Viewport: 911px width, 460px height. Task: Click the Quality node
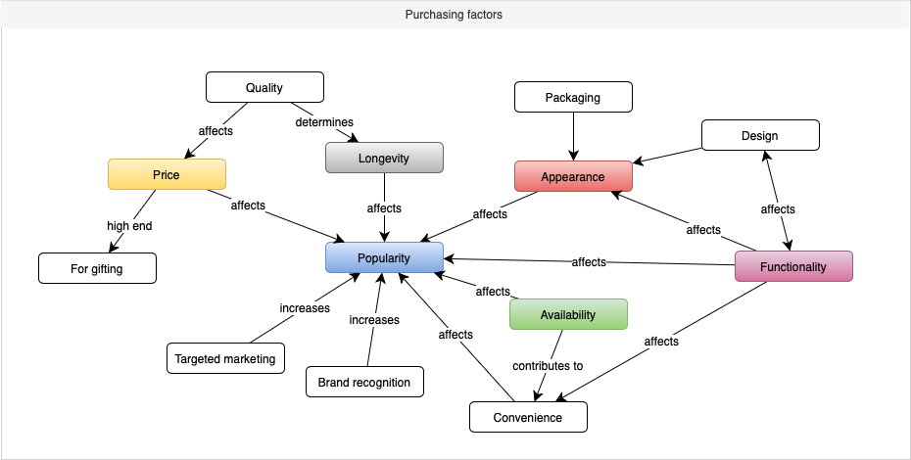point(264,87)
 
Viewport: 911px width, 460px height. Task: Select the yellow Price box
point(167,174)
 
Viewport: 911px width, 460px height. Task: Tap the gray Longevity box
point(384,158)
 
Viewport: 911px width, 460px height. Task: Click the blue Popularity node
point(384,258)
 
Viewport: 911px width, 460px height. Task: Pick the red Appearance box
point(573,176)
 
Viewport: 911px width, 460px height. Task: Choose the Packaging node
point(573,97)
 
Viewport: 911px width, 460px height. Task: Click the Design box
point(759,135)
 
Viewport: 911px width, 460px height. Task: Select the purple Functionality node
point(793,266)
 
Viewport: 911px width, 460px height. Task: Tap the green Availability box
point(568,314)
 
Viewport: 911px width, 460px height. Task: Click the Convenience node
point(528,417)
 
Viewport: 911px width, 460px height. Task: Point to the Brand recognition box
point(364,382)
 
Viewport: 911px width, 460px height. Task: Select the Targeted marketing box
point(225,358)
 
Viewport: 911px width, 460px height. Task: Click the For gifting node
point(97,267)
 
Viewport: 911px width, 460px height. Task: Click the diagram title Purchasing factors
point(455,15)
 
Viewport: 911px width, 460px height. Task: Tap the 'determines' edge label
point(324,122)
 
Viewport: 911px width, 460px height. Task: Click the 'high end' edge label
point(129,226)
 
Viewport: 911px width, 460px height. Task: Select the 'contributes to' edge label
point(548,366)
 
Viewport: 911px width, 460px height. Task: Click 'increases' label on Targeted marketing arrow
point(305,308)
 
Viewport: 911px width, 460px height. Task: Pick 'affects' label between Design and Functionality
point(778,208)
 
